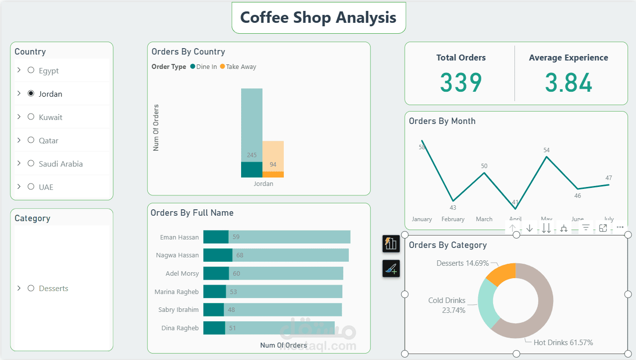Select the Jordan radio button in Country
tap(31, 93)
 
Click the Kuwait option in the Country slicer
tap(51, 117)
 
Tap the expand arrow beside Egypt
tap(19, 70)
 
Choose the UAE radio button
tap(31, 187)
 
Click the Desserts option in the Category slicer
tap(54, 288)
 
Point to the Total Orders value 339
tap(461, 82)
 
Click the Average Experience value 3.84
tap(568, 82)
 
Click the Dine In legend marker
tap(192, 67)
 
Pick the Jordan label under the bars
tap(263, 183)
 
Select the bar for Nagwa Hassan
tap(276, 255)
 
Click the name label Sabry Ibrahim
tap(179, 310)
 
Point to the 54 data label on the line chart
tap(547, 150)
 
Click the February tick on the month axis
tap(453, 219)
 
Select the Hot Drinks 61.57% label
tap(563, 343)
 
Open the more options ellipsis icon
tap(620, 228)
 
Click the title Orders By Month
tap(442, 121)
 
